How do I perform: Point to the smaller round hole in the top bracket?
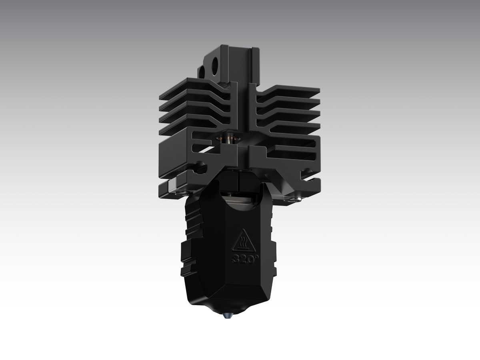tap(202, 72)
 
